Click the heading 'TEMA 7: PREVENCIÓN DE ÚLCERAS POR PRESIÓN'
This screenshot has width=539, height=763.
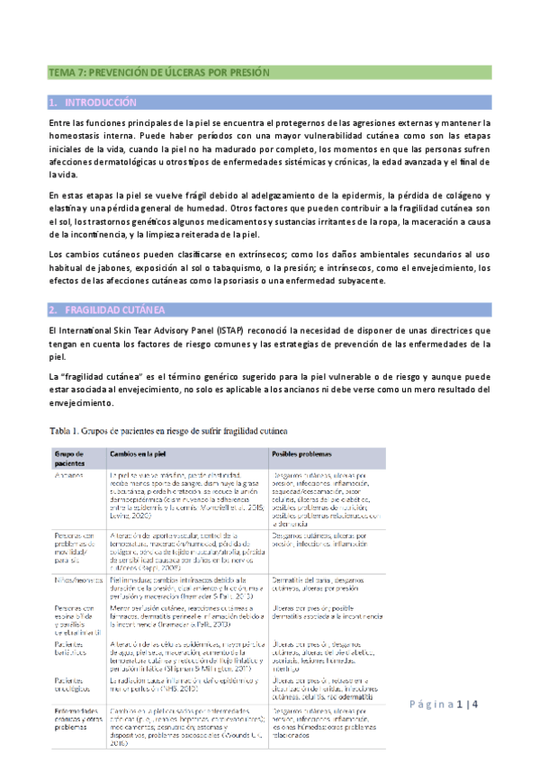point(158,72)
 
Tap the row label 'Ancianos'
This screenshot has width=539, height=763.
point(69,472)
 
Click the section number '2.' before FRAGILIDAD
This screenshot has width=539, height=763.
point(53,310)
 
